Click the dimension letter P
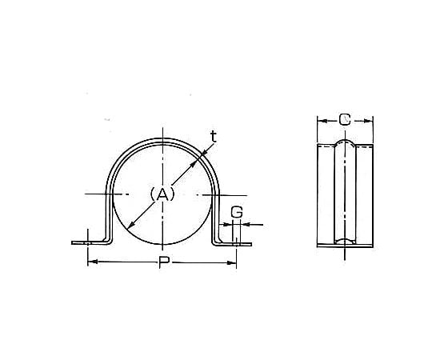[164, 262]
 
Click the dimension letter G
[237, 212]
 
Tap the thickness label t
[214, 137]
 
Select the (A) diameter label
[162, 194]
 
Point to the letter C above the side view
[345, 120]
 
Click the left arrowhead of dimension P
[92, 262]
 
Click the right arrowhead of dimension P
[232, 263]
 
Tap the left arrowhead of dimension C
[322, 121]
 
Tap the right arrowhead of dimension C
[368, 121]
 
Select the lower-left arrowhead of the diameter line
[131, 225]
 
